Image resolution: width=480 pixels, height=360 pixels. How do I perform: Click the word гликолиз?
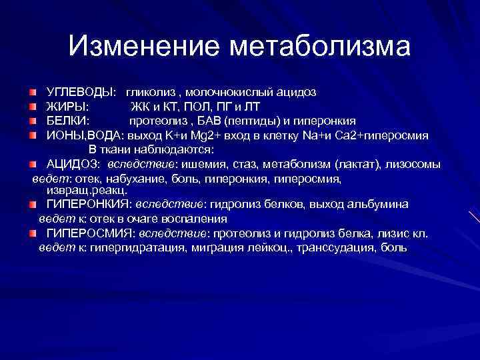[153, 91]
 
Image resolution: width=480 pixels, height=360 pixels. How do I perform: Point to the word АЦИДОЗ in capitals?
[73, 165]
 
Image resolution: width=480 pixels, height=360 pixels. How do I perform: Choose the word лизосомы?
[412, 165]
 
